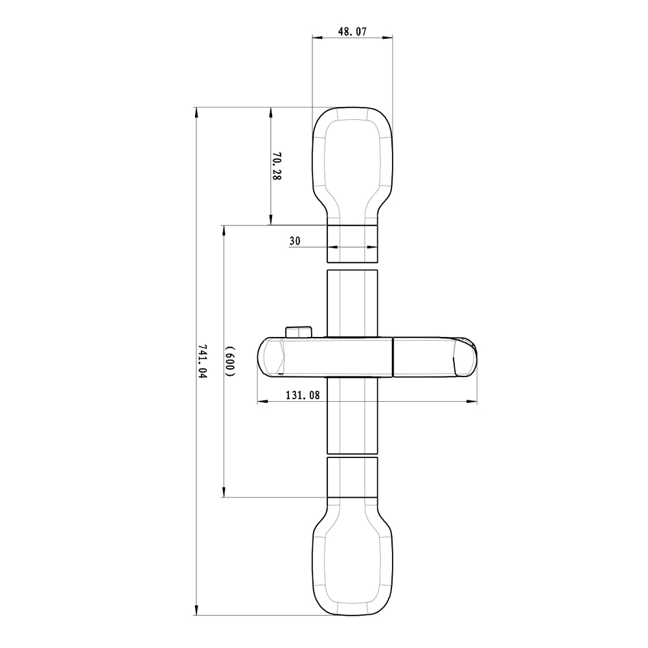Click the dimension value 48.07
point(353,30)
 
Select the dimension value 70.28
point(277,166)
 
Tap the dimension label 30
point(294,240)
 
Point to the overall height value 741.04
point(202,362)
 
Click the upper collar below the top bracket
point(352,244)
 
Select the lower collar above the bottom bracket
point(352,477)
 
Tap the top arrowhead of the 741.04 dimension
point(196,111)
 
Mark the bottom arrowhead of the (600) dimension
point(224,493)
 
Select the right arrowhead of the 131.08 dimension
point(474,402)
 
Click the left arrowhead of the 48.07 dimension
point(316,38)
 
